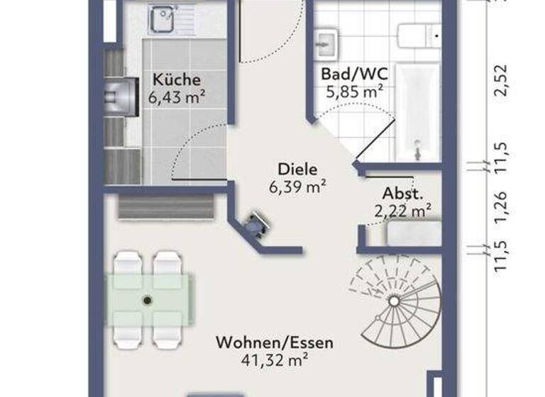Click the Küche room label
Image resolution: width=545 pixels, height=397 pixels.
176,79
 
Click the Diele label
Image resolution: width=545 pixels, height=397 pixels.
297,169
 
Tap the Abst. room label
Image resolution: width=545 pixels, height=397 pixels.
403,193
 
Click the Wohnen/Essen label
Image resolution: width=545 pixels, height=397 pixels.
274,343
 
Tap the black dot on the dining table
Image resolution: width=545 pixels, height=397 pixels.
148,300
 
